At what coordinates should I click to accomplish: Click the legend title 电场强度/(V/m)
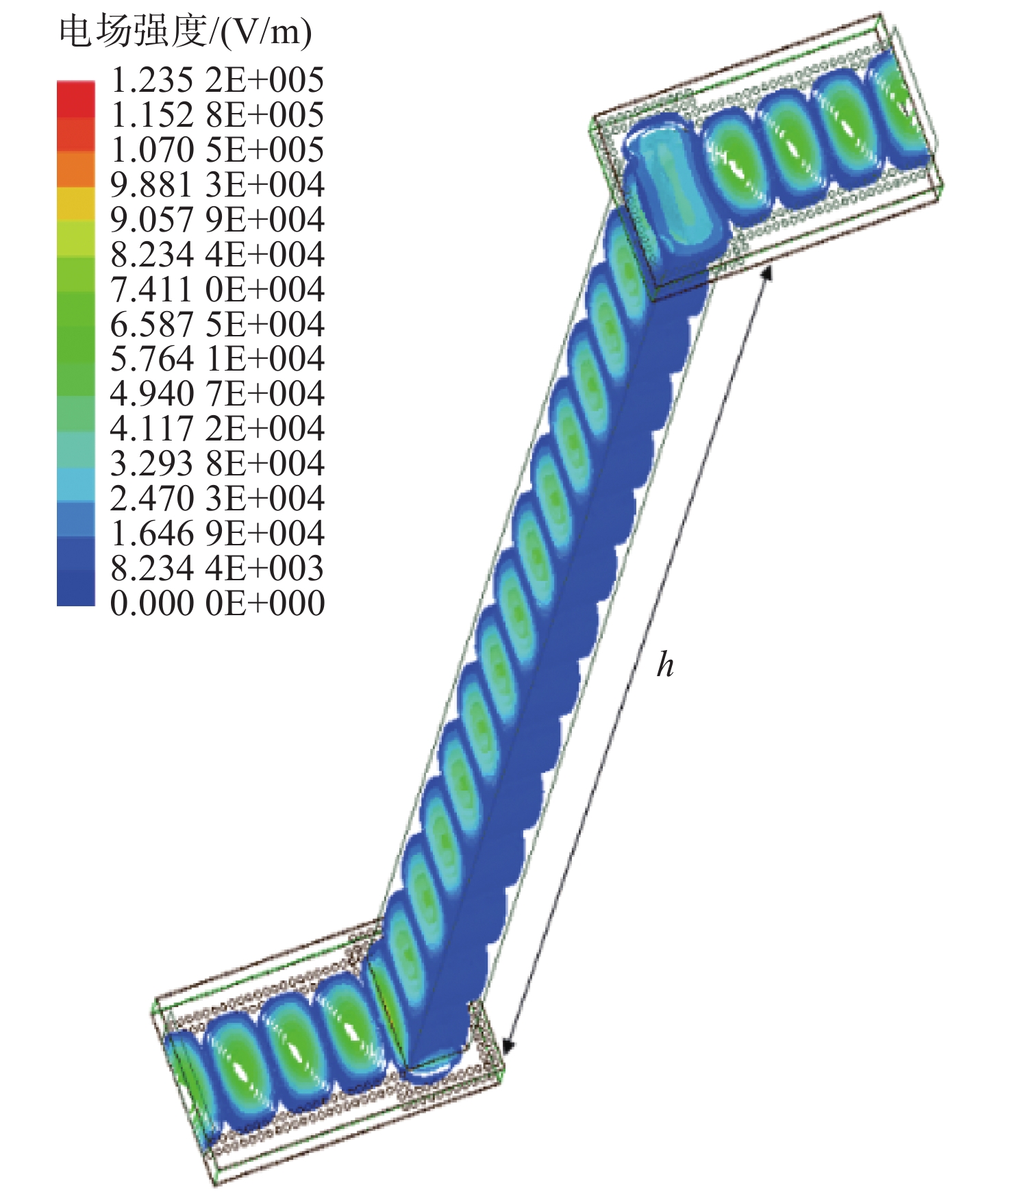pyautogui.click(x=185, y=32)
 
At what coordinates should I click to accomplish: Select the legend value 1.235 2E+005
pyautogui.click(x=217, y=80)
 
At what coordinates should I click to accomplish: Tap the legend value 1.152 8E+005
pyautogui.click(x=217, y=115)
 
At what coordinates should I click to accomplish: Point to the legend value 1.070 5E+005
pyautogui.click(x=217, y=150)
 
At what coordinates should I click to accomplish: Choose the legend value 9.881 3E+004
pyautogui.click(x=217, y=185)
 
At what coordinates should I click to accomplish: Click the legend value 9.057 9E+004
pyautogui.click(x=217, y=220)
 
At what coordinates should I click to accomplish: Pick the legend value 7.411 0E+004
pyautogui.click(x=217, y=290)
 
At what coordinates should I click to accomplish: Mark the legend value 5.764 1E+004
pyautogui.click(x=217, y=359)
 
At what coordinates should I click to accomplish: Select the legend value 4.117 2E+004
pyautogui.click(x=217, y=429)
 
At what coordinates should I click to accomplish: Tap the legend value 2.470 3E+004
pyautogui.click(x=217, y=499)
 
